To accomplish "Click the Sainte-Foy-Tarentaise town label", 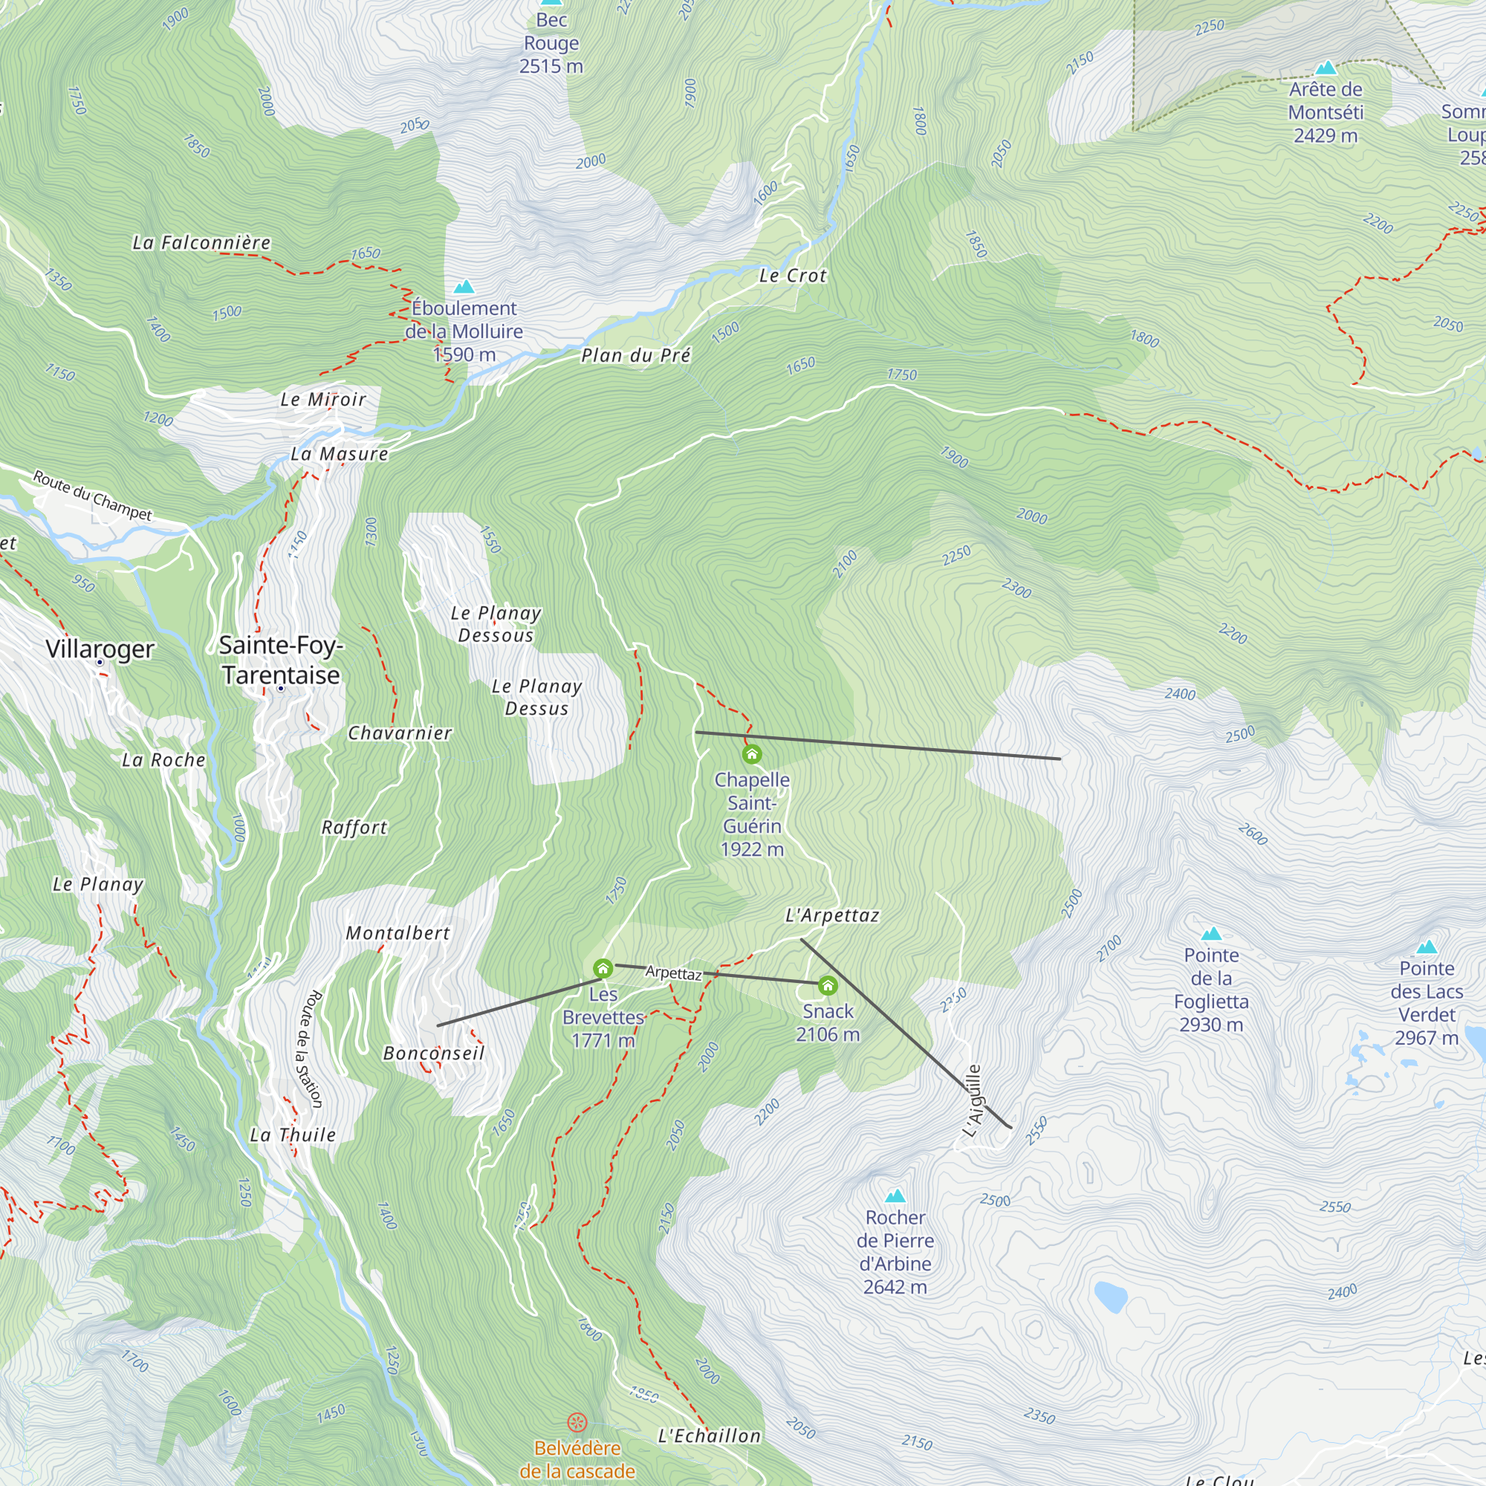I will tap(281, 660).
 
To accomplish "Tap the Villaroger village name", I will tap(100, 649).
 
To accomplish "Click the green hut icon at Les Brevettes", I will tap(603, 968).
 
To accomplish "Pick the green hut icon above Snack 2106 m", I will tap(828, 985).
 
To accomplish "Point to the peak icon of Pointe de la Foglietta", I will tap(1211, 934).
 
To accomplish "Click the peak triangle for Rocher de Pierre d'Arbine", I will tap(895, 1196).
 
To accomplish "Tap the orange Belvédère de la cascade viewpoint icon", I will tap(577, 1422).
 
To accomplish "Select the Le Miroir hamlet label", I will tap(323, 399).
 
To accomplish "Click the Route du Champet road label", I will tap(92, 496).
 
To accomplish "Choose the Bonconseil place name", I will tap(434, 1053).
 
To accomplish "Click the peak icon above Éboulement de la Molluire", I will tap(464, 287).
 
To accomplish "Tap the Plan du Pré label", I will tap(635, 355).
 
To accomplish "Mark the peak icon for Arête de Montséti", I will tap(1326, 68).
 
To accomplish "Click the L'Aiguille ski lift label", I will tap(973, 1100).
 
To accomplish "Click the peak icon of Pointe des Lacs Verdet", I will tap(1427, 947).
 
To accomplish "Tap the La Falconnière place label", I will tap(201, 243).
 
